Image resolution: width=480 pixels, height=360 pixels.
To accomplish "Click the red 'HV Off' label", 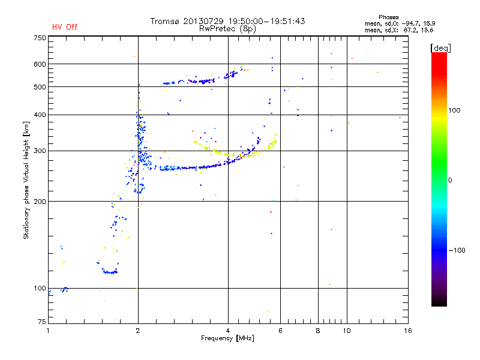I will point(64,27).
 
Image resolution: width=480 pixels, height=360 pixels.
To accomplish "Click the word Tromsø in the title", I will point(164,21).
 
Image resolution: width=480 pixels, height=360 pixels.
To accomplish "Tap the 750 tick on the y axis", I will point(40,38).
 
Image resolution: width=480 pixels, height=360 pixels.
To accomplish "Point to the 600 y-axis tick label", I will point(40,64).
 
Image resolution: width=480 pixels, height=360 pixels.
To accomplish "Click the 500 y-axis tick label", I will point(40,87).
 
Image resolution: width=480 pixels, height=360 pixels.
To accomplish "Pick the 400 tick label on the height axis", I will point(40,115).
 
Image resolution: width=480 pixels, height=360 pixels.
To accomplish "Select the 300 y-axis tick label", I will point(40,151).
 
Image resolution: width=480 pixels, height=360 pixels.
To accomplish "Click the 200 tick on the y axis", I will point(40,202).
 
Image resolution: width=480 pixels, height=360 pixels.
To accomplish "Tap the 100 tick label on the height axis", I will point(40,289).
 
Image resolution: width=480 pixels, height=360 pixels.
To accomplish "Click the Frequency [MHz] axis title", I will point(227,339).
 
